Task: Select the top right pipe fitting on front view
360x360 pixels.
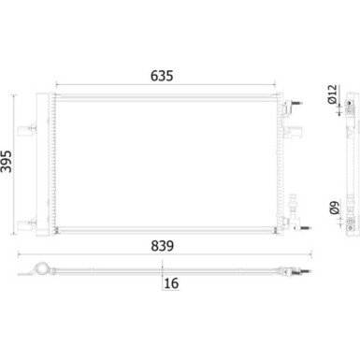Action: coord(297,104)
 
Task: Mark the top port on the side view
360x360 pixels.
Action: coord(348,108)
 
